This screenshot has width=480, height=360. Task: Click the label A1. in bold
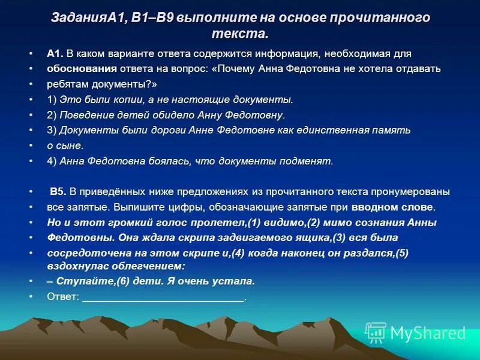point(55,54)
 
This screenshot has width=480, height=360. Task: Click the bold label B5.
point(58,192)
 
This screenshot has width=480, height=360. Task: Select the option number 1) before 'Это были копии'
point(52,99)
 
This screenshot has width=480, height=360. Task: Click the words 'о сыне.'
point(65,145)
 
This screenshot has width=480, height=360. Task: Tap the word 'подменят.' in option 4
point(311,161)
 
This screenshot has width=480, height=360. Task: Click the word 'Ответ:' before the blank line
point(63,296)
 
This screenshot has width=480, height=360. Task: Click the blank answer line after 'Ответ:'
point(163,298)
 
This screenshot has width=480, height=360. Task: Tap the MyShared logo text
point(428,333)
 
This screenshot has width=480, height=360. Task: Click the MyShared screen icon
point(376,332)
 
